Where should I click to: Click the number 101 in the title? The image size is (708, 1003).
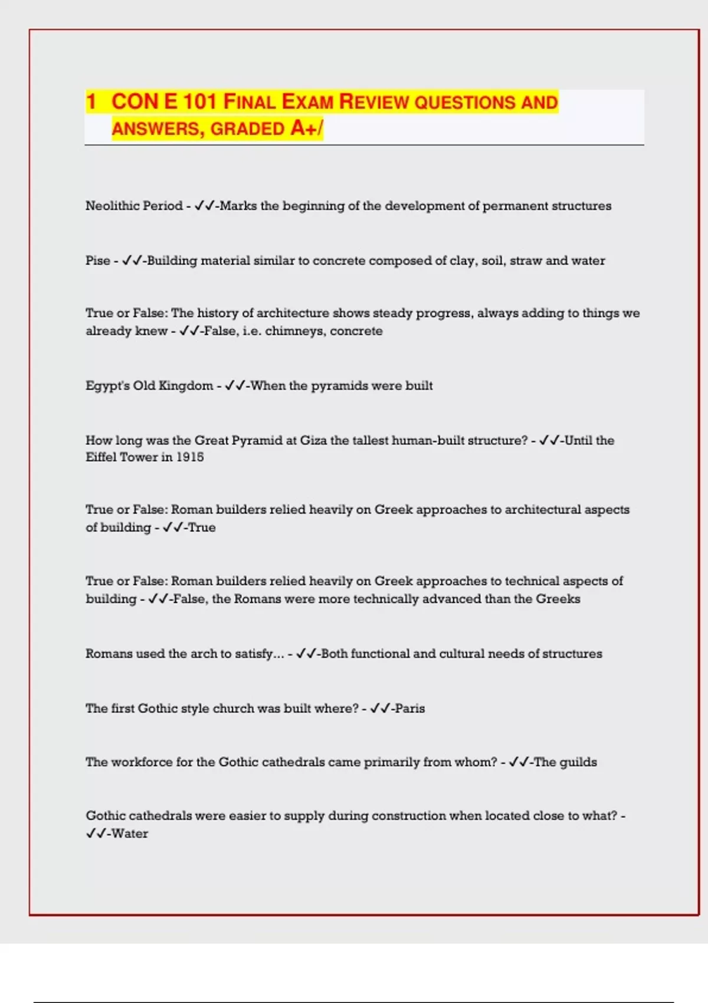click(199, 101)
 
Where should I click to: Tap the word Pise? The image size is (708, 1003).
click(97, 261)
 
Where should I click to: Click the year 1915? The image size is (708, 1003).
click(190, 457)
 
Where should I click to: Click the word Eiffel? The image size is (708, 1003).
click(101, 457)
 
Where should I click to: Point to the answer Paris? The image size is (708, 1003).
click(409, 709)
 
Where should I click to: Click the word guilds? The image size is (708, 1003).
click(578, 762)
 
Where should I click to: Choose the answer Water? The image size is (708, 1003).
click(130, 834)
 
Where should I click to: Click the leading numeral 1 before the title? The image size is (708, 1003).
click(91, 101)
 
